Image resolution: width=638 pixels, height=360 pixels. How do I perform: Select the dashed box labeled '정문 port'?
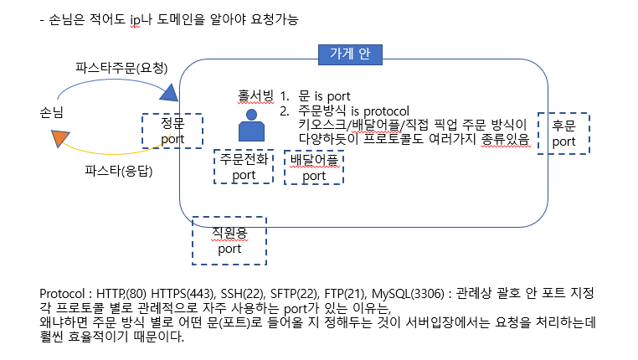[x=172, y=131]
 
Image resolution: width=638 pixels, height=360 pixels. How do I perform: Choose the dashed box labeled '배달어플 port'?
[x=314, y=167]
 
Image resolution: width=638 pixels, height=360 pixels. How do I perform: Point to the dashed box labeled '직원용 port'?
[x=229, y=240]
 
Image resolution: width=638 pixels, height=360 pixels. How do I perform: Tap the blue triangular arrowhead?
[x=169, y=91]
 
